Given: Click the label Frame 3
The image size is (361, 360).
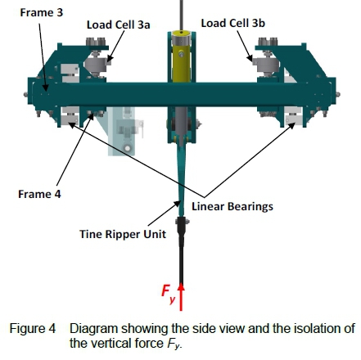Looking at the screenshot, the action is coord(42,12).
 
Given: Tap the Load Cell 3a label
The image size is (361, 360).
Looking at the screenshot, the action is coord(119,25).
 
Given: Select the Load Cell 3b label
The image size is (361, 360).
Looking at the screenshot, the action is coord(232,23).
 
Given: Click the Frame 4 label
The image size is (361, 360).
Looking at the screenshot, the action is coord(39,194).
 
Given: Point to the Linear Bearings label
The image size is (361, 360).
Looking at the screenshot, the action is coord(232,206).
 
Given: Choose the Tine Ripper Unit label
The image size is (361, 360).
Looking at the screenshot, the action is coord(123,234).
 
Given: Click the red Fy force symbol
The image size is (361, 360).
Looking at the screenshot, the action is coord(168,294).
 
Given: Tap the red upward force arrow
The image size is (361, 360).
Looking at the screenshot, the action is coord(181,297).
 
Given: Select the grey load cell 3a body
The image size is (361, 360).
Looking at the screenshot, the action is coord(96,65).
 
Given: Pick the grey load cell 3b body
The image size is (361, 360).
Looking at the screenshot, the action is coord(267,65).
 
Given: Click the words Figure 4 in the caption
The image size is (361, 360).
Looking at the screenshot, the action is coord(33,328).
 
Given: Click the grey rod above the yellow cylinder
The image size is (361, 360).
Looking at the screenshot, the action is coord(182,15).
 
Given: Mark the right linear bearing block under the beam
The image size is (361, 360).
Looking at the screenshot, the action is coord(293,118).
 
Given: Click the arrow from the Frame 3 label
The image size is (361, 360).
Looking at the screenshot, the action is coord(43,57).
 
